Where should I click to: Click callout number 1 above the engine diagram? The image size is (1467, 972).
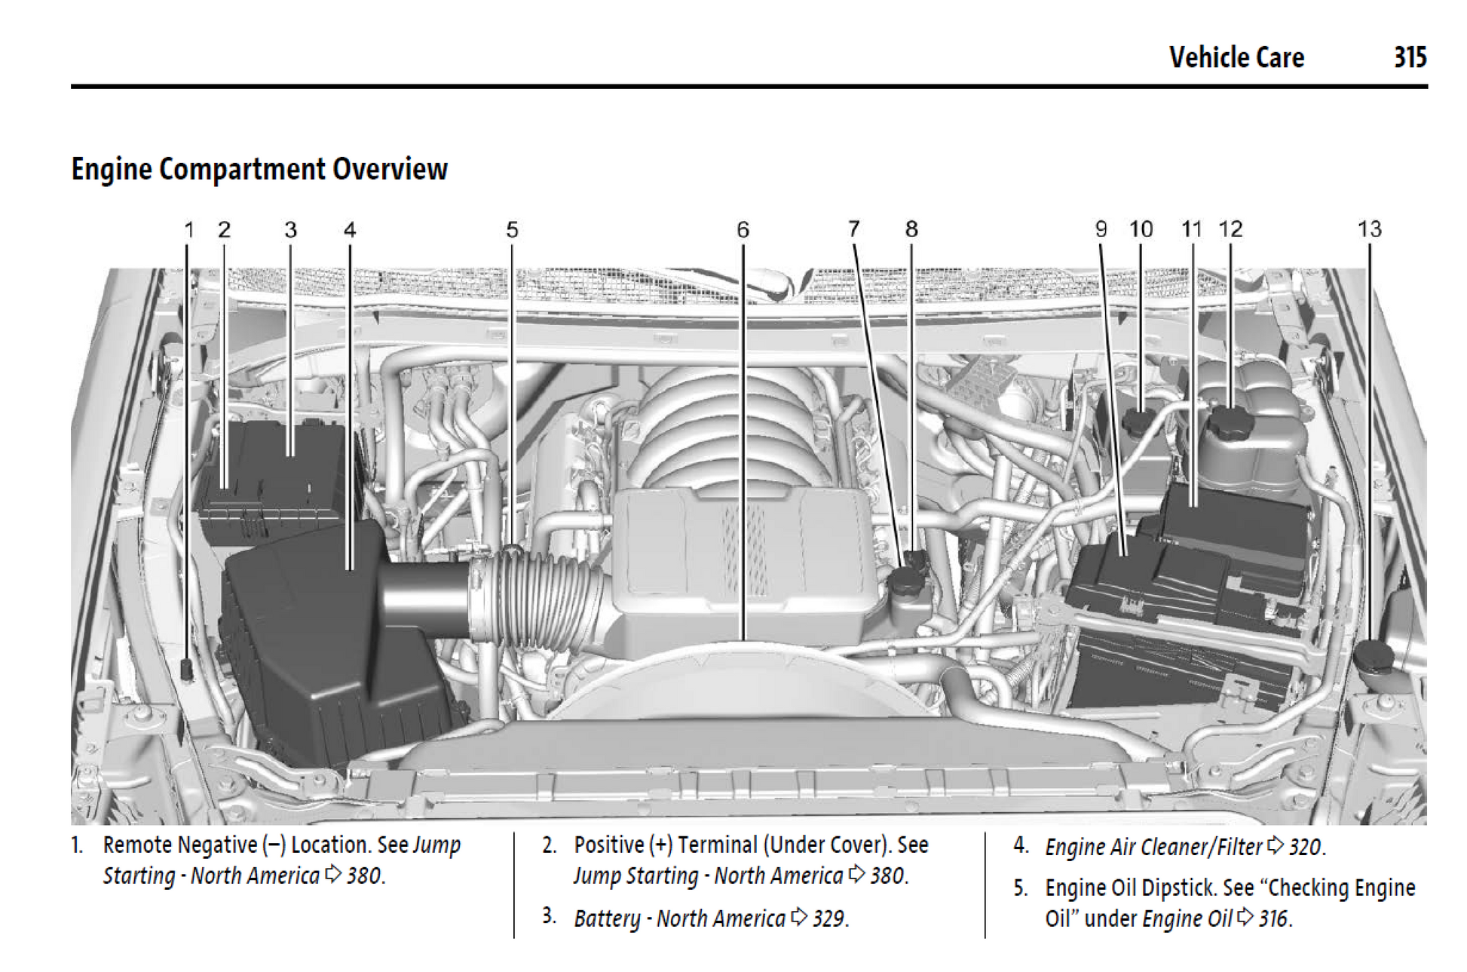(x=189, y=229)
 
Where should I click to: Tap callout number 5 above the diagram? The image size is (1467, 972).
(x=512, y=229)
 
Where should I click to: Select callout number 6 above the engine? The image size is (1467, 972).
(x=743, y=229)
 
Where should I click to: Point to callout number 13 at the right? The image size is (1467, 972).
(x=1369, y=229)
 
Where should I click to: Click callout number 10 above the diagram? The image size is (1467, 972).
(x=1141, y=229)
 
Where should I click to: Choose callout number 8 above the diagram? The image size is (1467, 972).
(x=911, y=229)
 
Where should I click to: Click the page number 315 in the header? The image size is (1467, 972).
(x=1410, y=57)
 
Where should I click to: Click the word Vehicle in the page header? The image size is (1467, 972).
(x=1202, y=57)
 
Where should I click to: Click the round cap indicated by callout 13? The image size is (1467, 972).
(x=1374, y=655)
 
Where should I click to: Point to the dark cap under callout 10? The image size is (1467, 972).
(x=1139, y=421)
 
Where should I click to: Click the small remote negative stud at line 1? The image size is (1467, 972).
(x=187, y=667)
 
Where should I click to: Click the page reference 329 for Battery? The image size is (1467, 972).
(x=828, y=918)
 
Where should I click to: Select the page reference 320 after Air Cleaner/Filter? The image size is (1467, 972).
(x=1305, y=847)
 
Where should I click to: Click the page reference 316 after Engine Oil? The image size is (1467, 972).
(x=1274, y=918)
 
